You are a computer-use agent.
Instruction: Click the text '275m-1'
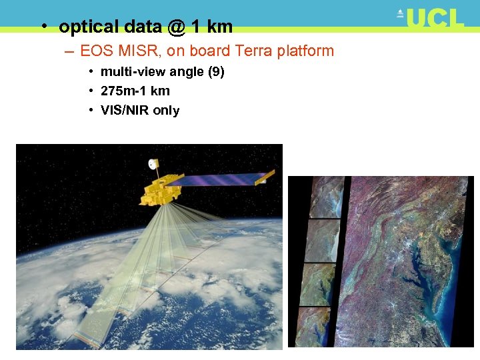click(124, 91)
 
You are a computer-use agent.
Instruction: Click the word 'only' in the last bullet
click(166, 111)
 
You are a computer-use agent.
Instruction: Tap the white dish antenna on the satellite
click(154, 163)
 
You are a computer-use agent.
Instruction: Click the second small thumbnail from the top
click(323, 241)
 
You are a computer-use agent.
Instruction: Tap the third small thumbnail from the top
click(318, 284)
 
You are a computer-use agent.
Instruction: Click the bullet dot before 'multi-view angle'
click(90, 72)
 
